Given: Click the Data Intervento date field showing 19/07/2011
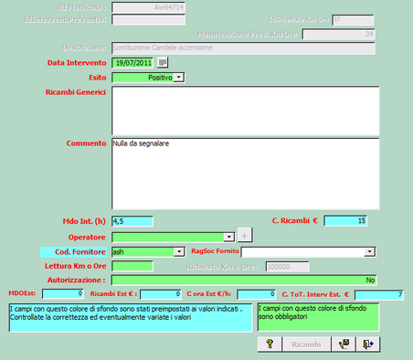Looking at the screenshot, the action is coord(132,62).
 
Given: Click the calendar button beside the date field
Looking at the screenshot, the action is coord(163,62).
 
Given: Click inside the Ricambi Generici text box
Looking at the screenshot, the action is coord(245,110).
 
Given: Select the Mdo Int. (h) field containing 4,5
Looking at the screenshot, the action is coord(132,220).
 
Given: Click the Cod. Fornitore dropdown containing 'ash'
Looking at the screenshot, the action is coord(146,250).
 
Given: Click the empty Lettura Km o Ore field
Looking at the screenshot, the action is coord(132,265).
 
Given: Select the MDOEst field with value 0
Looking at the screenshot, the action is coord(62,294).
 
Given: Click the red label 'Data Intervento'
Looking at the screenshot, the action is coord(76,62).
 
